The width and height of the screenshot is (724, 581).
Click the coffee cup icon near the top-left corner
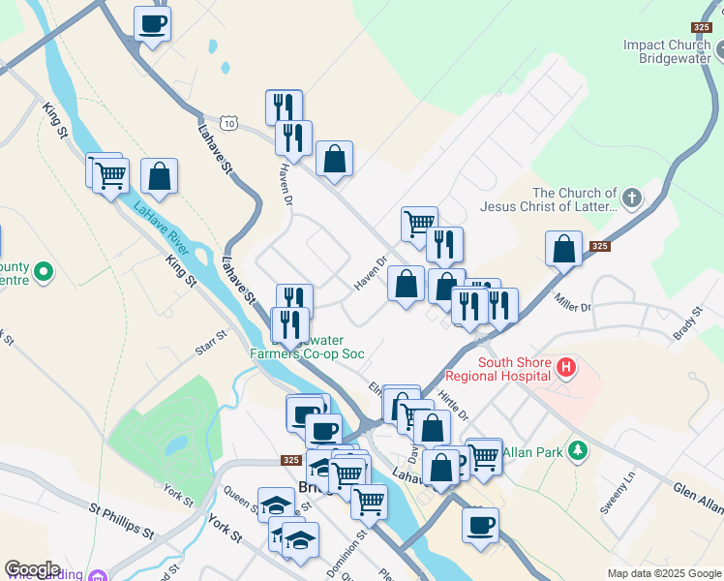pyautogui.click(x=152, y=23)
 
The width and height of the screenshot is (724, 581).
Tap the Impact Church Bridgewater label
pyautogui.click(x=667, y=51)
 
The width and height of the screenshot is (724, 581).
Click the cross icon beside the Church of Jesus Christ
pyautogui.click(x=632, y=199)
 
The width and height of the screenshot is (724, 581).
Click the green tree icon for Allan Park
pyautogui.click(x=578, y=450)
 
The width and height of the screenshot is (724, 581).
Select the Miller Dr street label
pyautogui.click(x=571, y=302)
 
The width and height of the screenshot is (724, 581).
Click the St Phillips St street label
pyautogui.click(x=122, y=520)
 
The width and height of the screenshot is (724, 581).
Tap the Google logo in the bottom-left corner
pyautogui.click(x=33, y=569)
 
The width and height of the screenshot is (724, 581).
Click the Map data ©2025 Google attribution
pyautogui.click(x=663, y=573)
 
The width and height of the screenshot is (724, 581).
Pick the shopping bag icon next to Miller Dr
pyautogui.click(x=563, y=249)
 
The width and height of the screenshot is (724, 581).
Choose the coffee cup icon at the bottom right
pyautogui.click(x=480, y=525)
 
